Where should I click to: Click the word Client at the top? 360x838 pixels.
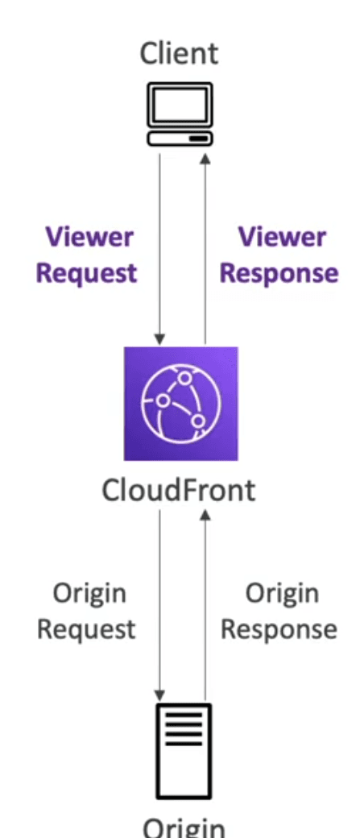(x=179, y=53)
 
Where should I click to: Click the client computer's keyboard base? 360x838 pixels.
(x=180, y=139)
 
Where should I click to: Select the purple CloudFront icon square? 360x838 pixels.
(x=181, y=404)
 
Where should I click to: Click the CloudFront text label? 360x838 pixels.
(x=179, y=490)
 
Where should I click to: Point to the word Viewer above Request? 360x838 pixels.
(x=89, y=237)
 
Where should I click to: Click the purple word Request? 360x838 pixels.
(x=86, y=273)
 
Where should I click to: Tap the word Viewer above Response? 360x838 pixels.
(x=282, y=237)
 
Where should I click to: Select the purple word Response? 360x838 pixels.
(x=279, y=273)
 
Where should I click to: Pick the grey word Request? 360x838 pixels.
(x=86, y=629)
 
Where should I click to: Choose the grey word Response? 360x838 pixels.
(x=279, y=629)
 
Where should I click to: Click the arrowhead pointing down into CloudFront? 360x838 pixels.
(x=159, y=339)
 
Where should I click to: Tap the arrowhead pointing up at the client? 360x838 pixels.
(x=205, y=159)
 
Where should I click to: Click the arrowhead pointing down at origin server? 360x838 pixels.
(x=159, y=695)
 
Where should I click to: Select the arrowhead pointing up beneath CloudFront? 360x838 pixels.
(x=205, y=515)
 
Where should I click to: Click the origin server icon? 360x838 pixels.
(x=183, y=751)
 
